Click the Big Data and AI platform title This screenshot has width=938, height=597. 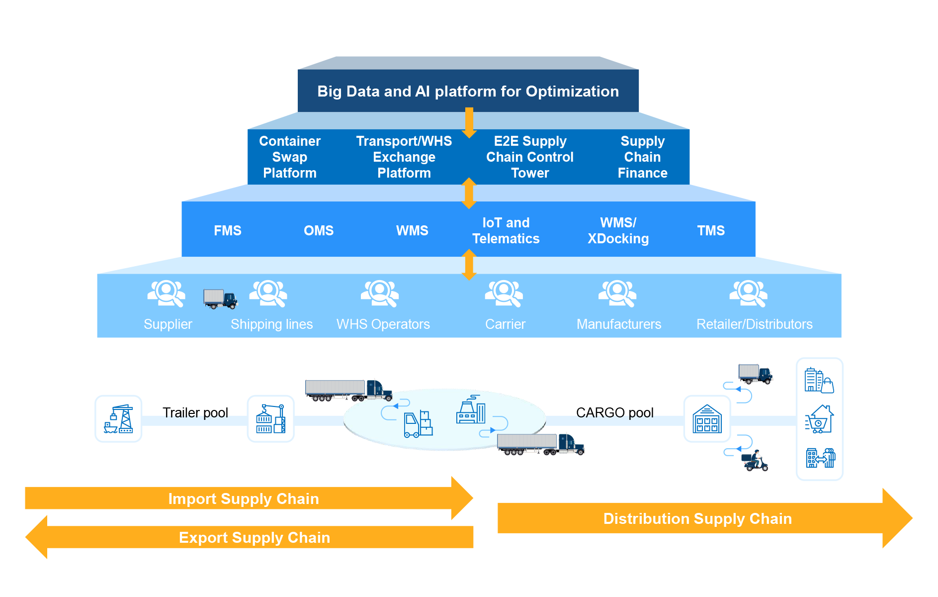468,92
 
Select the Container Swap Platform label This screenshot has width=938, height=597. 290,157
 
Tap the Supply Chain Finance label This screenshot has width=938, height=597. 642,157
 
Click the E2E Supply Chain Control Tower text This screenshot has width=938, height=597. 530,157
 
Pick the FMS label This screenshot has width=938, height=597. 228,231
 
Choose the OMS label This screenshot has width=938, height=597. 319,231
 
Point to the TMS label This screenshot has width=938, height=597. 711,231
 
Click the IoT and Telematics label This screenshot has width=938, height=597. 506,231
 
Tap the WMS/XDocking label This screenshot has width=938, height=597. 618,231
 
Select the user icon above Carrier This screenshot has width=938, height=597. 504,293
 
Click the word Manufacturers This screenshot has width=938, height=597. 619,324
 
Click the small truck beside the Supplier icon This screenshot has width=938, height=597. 220,299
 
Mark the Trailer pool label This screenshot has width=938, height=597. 195,413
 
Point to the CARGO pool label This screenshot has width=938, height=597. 615,413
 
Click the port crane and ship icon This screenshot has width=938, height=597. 118,419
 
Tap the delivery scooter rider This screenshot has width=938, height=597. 755,461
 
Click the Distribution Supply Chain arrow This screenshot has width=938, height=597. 697,519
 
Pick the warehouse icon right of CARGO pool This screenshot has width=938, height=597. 707,419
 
